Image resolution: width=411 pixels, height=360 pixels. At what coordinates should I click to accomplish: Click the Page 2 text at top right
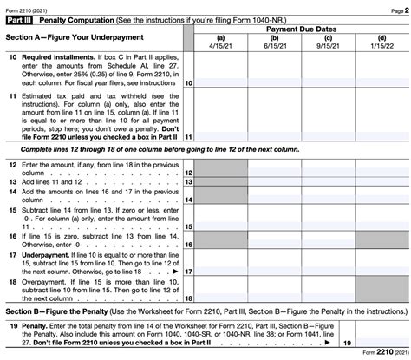[397, 6]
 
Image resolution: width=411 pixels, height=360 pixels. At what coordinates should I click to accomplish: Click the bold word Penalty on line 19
[36, 324]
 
